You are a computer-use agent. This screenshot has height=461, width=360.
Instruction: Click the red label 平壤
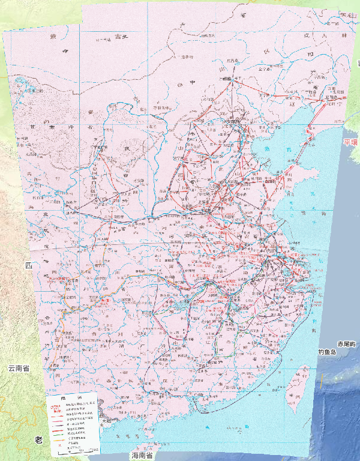coord(350,142)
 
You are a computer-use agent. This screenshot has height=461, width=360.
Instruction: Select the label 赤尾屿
coord(347,344)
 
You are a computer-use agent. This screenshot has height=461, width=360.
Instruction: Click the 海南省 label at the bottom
coord(144,456)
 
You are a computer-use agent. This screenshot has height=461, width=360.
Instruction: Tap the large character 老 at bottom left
coord(38,441)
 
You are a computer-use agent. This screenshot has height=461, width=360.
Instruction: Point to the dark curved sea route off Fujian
coord(264,372)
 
